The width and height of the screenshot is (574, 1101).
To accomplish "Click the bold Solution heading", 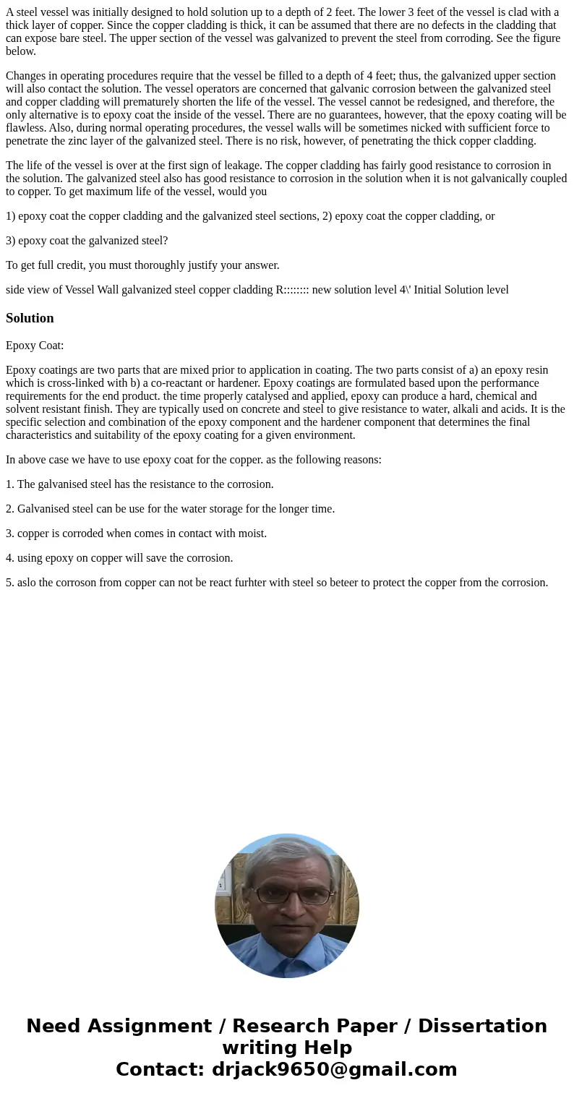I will (30, 318).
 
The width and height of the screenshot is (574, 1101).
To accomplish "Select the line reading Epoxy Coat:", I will (35, 346).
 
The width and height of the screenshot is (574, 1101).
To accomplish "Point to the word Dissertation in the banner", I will (482, 1026).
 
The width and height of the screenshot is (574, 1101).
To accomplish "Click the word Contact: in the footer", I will (160, 1069).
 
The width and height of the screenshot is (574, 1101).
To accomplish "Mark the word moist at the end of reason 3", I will (253, 534).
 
